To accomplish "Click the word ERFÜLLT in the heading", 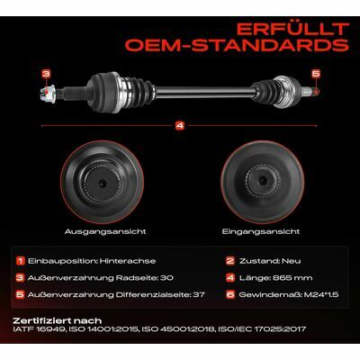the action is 292,30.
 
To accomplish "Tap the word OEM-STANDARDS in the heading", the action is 237,45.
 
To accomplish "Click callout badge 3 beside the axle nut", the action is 46,74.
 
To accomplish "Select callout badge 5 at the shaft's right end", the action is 316,74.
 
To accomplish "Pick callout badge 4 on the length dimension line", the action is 180,126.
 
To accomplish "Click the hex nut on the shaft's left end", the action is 48,94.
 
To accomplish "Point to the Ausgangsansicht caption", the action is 105,231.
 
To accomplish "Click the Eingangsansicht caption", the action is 261,231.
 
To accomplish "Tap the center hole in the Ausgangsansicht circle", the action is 103,184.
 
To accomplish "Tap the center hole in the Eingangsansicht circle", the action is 263,180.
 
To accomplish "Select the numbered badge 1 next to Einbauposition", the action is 20,261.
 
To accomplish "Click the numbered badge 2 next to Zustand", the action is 230,261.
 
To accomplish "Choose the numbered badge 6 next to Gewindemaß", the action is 230,294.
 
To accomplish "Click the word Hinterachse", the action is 128,261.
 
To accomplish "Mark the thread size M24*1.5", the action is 321,295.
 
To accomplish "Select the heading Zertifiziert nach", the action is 58,321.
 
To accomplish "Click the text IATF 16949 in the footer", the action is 39,329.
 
